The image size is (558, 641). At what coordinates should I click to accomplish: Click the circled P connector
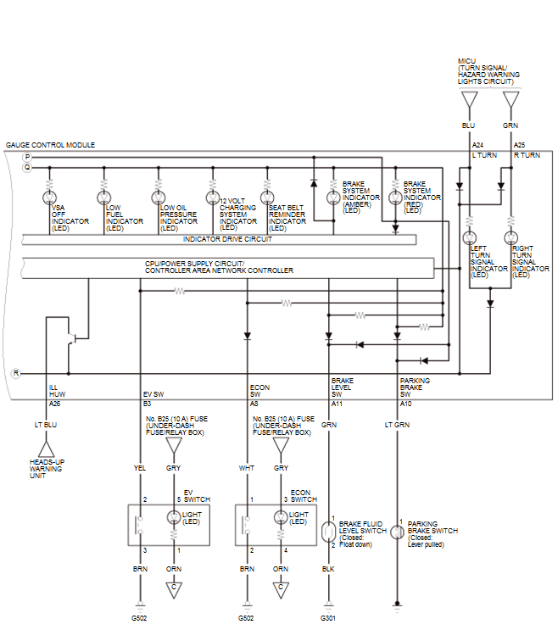[27, 158]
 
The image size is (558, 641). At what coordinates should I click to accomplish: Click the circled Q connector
[27, 168]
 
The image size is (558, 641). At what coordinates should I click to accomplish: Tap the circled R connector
[16, 373]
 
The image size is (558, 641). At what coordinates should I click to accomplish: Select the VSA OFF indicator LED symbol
[49, 198]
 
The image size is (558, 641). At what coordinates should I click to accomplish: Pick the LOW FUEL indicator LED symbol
[103, 198]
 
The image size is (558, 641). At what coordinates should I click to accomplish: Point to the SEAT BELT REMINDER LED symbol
[267, 198]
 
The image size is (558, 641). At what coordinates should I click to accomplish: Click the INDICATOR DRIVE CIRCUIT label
[227, 239]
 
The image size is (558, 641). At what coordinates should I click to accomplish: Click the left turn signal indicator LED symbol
[470, 237]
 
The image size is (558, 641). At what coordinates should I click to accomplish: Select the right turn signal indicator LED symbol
[511, 237]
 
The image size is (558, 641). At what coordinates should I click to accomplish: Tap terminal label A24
[478, 145]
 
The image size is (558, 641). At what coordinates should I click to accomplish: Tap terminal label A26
[55, 404]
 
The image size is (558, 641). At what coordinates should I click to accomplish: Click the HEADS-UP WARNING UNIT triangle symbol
[46, 449]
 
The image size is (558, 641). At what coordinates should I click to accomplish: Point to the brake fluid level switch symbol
[328, 532]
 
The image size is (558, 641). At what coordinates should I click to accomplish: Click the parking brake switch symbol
[397, 532]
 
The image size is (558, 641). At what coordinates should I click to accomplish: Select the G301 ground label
[328, 618]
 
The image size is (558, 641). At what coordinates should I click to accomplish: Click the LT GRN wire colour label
[397, 425]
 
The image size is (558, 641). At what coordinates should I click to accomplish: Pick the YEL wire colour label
[140, 468]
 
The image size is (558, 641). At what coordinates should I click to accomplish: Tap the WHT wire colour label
[247, 468]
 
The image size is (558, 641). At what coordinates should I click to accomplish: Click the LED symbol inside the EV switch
[174, 517]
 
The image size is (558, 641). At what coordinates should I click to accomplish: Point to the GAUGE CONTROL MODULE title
[50, 145]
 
